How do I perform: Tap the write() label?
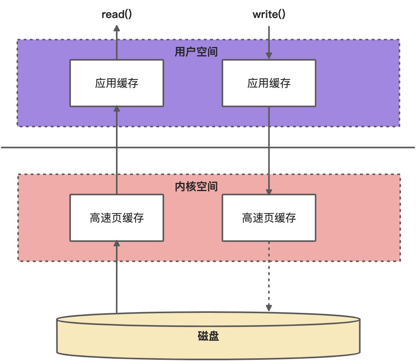[x=269, y=15]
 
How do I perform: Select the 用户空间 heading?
[x=196, y=52]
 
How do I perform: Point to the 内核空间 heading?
[x=196, y=186]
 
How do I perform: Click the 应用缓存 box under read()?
[x=116, y=83]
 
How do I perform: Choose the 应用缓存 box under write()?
[x=269, y=83]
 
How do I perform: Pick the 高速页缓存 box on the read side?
[x=116, y=218]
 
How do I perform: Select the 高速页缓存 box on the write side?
[x=269, y=218]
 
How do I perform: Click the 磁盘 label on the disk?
[x=208, y=336]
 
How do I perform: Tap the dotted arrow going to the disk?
[x=269, y=274]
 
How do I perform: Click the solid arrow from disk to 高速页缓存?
[x=116, y=278]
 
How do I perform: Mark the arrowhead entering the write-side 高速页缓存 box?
[x=269, y=191]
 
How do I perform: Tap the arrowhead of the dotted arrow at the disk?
[x=269, y=309]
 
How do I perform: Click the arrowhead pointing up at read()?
[x=116, y=28]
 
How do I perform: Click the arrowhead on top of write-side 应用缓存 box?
[x=269, y=56]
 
